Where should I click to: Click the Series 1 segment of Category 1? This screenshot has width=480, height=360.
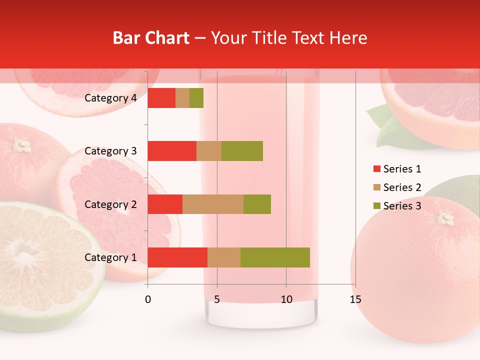point(177,257)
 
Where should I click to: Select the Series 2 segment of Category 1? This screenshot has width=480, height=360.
point(224,257)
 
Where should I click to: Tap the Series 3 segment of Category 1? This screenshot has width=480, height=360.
point(275,257)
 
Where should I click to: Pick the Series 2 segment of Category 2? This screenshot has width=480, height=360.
point(213,204)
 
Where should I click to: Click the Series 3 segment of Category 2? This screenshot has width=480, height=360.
point(257,204)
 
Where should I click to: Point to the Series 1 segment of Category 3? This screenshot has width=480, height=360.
point(172,151)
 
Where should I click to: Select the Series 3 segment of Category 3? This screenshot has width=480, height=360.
point(242,151)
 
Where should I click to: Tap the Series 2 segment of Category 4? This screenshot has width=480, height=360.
point(182,98)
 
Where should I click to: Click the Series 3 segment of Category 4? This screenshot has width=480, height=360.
point(196,98)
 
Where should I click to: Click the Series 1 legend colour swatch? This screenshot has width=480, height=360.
point(376,169)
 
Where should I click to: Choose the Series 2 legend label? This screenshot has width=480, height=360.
point(402,187)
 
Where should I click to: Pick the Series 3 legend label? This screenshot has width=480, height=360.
point(402,206)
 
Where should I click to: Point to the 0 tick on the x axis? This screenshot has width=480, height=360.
point(148,299)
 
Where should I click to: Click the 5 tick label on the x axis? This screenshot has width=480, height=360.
point(217,299)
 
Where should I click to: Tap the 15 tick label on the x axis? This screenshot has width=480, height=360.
point(355,299)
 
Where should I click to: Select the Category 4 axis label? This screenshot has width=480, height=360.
point(110,98)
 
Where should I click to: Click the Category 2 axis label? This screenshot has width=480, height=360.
point(110,204)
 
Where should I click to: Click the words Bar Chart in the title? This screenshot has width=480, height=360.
point(151,38)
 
